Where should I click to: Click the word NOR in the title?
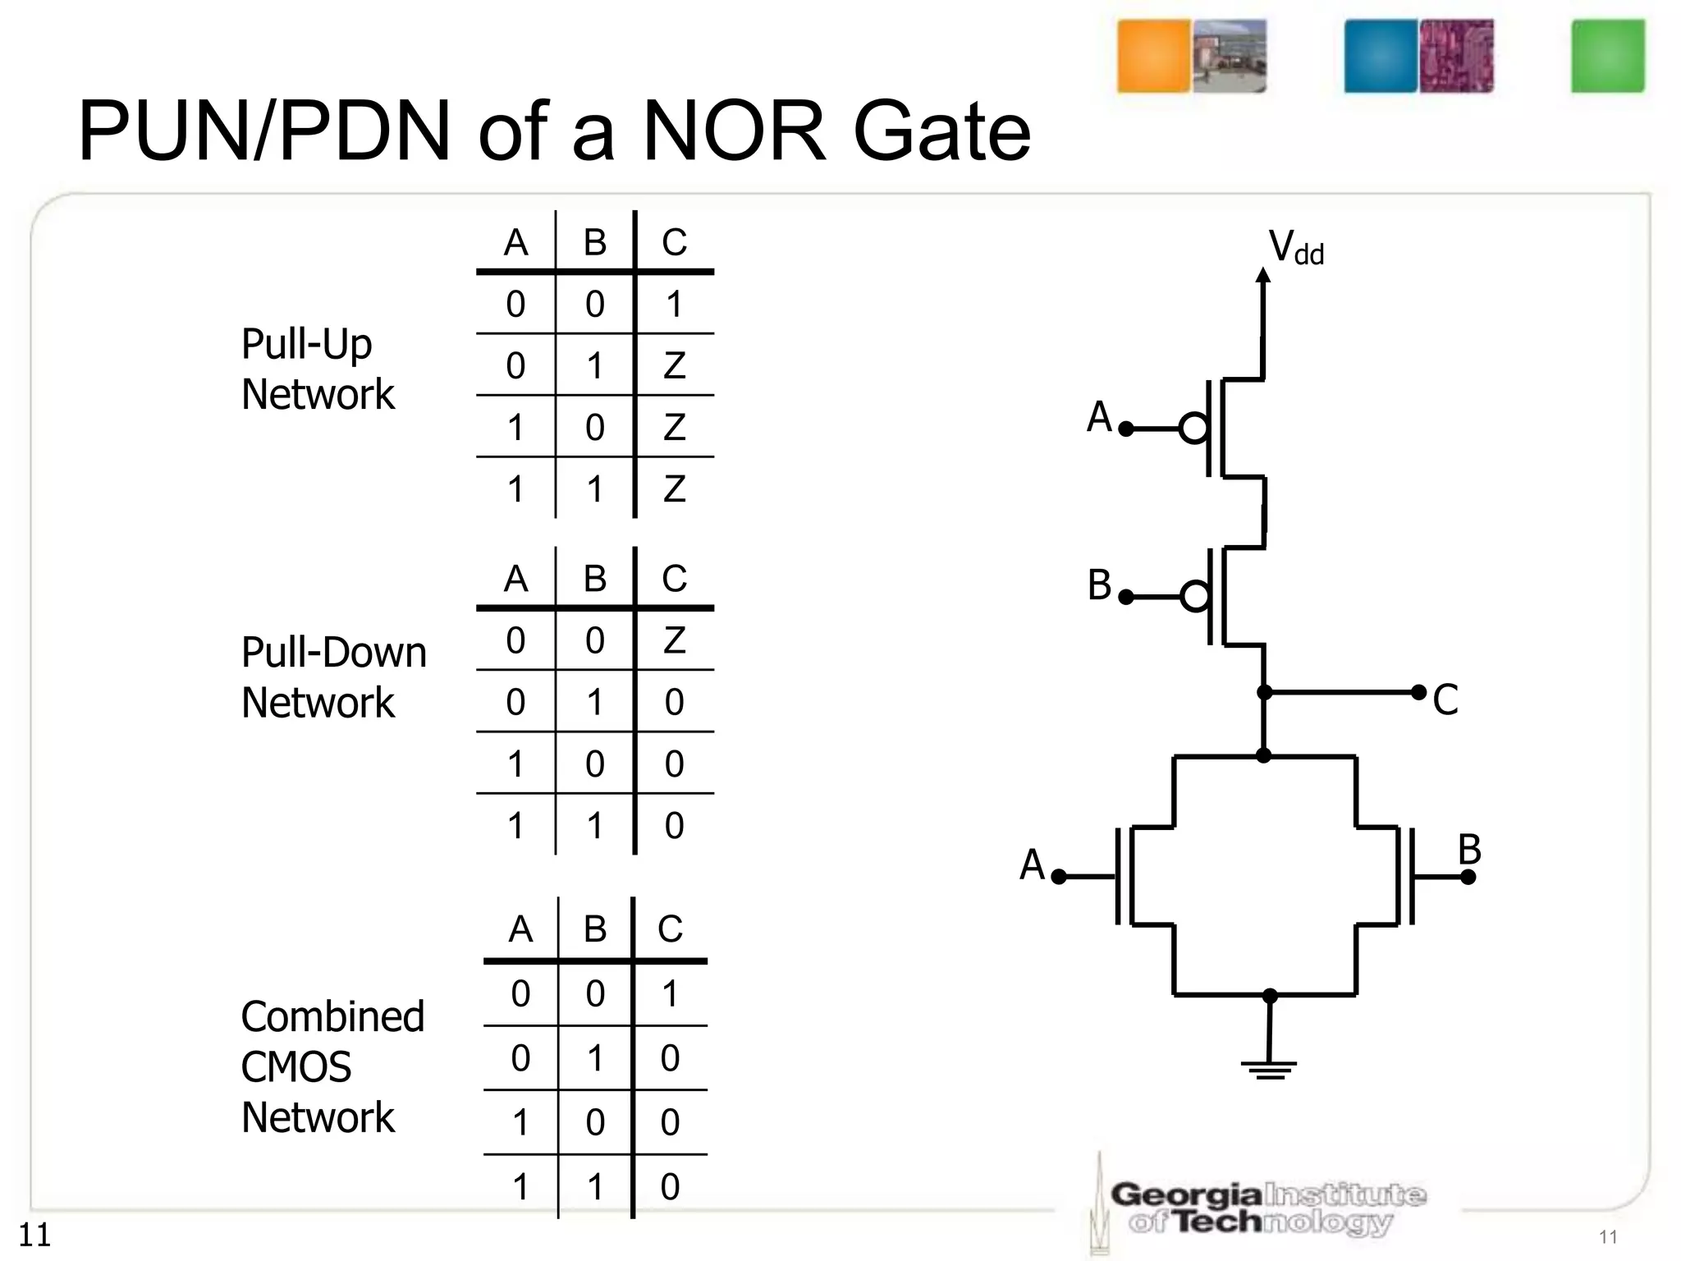click(734, 131)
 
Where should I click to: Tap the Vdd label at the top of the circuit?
click(1296, 247)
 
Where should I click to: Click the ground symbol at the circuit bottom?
click(1269, 1069)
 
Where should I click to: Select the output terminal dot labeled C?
click(1418, 692)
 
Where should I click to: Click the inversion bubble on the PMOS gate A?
click(1193, 429)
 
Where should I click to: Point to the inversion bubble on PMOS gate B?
click(1195, 597)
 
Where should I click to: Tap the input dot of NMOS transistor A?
click(1059, 877)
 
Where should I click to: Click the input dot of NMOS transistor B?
click(1468, 877)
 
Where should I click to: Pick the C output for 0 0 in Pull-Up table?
click(674, 305)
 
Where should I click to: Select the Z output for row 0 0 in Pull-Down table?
click(674, 640)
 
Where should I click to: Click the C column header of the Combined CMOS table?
click(670, 929)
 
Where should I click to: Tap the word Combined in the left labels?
click(332, 1016)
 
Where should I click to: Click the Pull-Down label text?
click(333, 653)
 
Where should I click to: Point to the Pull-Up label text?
click(306, 344)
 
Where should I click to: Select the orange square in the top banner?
click(1153, 57)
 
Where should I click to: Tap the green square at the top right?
click(1607, 57)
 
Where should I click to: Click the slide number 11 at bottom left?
click(34, 1235)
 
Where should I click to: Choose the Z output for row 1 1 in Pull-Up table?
click(674, 489)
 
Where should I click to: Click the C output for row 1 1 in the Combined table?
click(670, 1187)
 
